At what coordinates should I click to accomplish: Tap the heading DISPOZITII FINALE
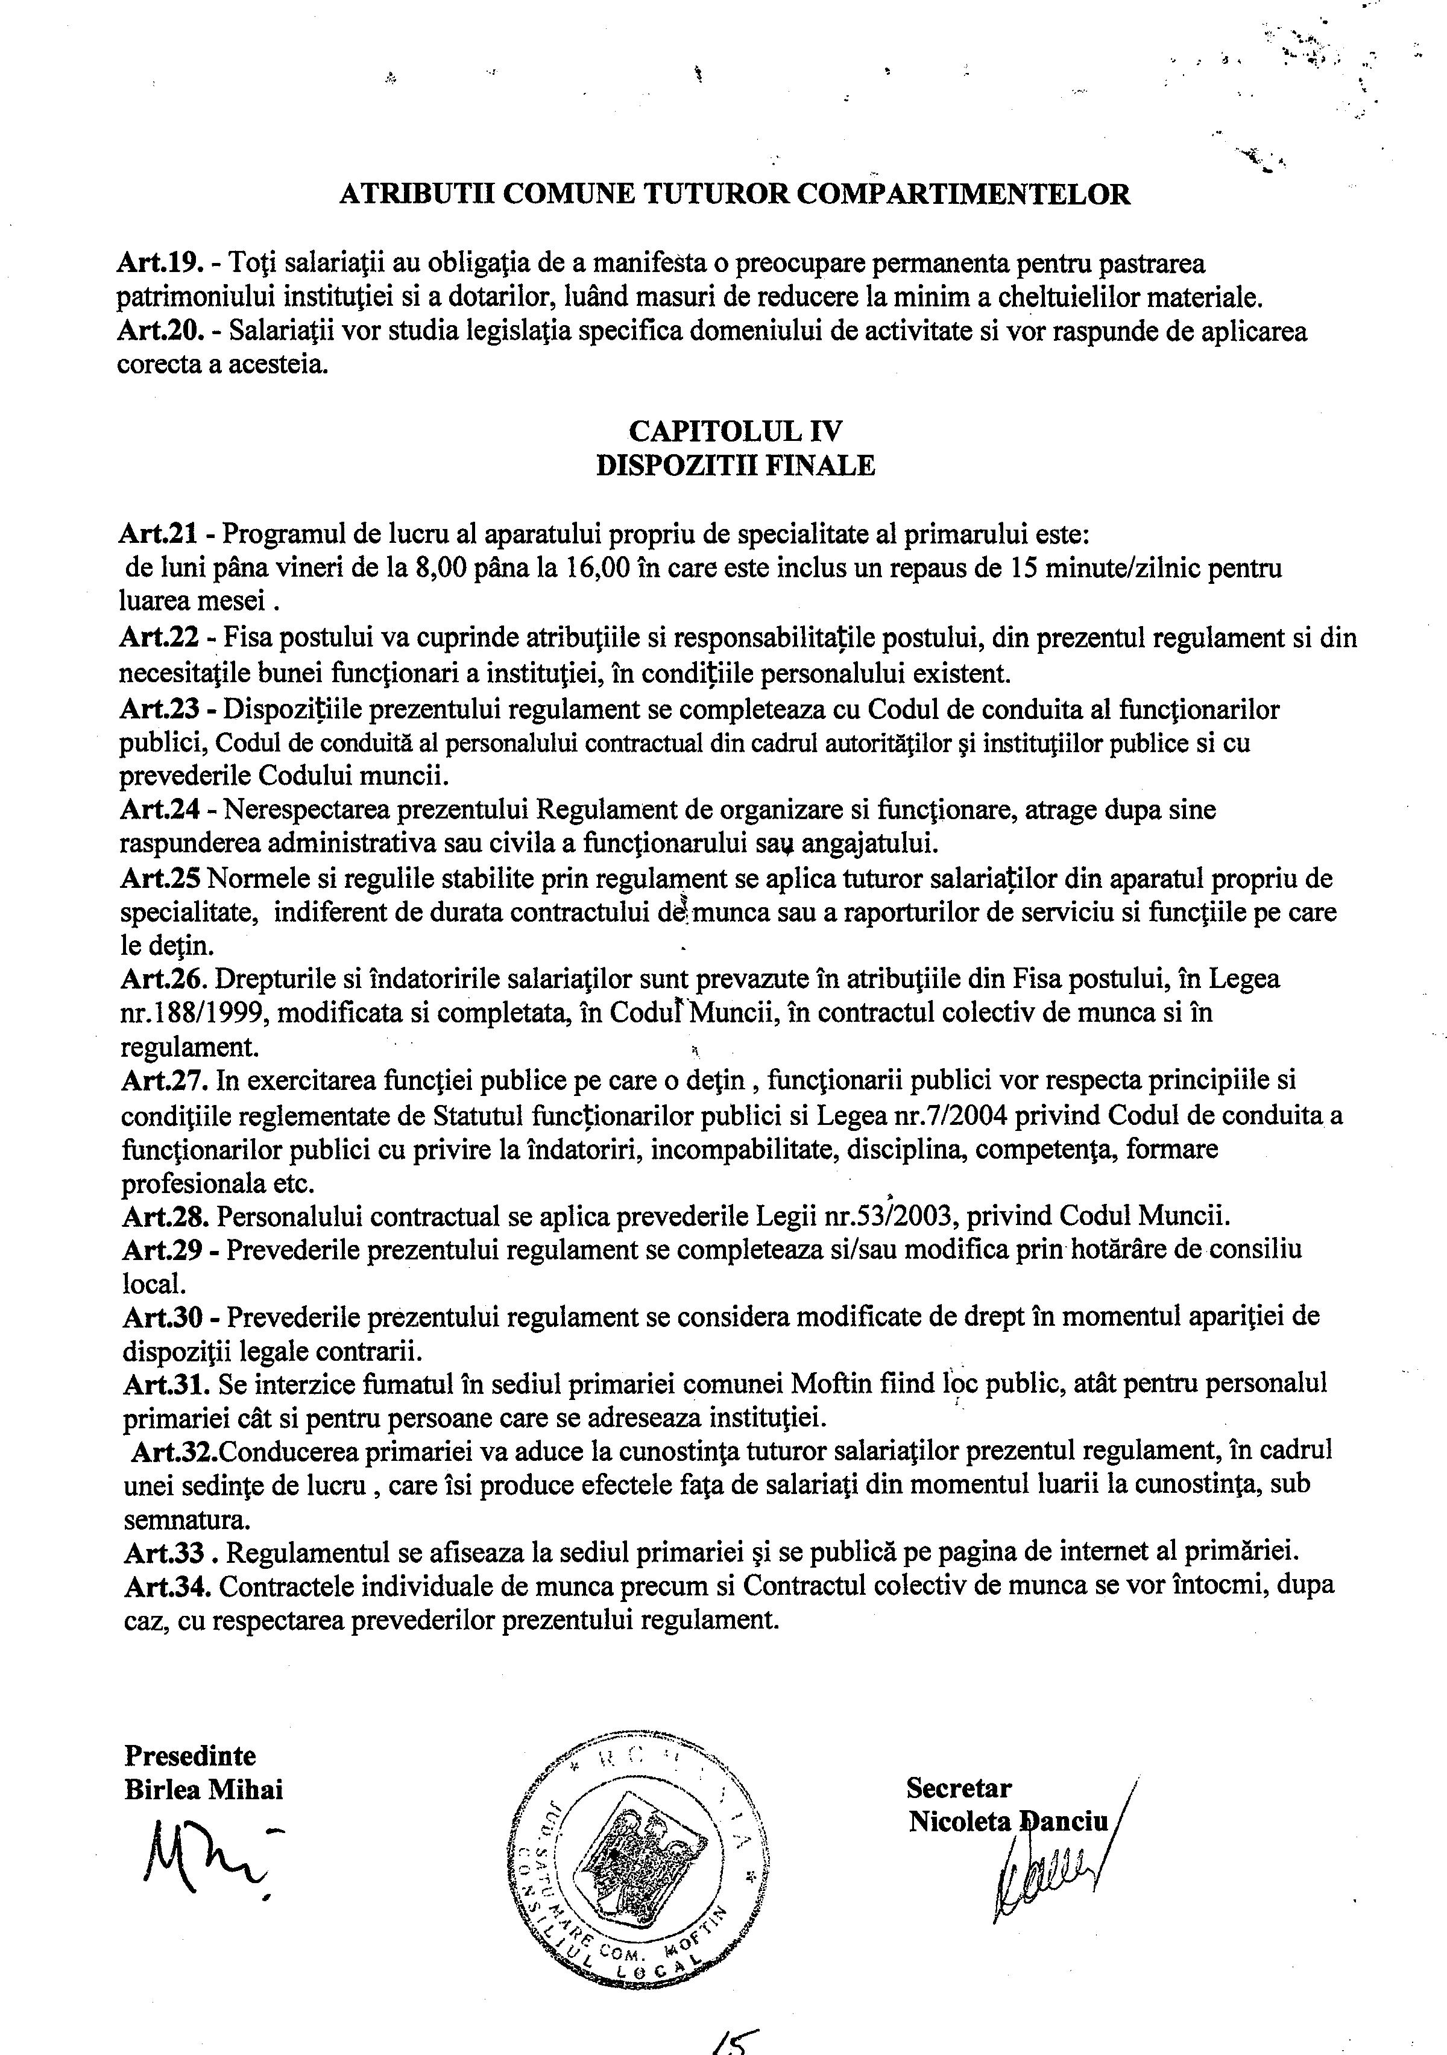[736, 466]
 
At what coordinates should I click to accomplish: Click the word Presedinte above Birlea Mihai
[190, 1755]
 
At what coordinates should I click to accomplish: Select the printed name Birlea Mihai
[203, 1789]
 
